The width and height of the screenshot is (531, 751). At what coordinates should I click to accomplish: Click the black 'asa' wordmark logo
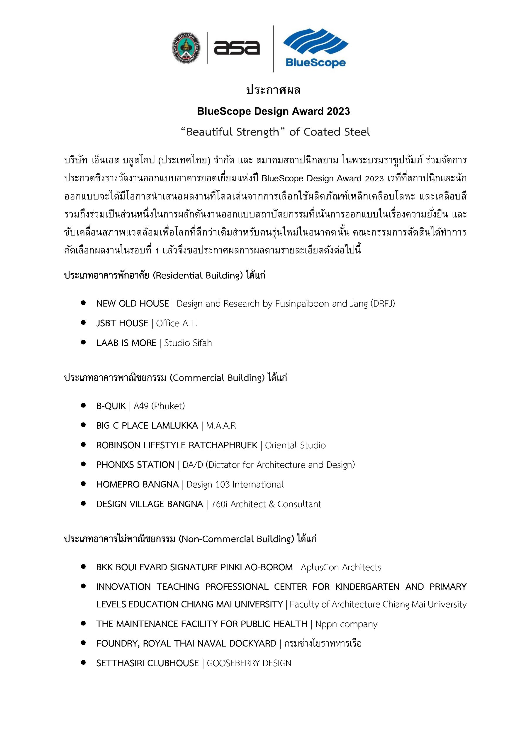pos(236,48)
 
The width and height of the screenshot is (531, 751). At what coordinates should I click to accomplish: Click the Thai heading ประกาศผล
pos(273,90)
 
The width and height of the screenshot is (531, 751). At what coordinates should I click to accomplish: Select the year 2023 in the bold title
pos(338,111)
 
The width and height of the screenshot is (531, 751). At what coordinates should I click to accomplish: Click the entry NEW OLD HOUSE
pos(133,304)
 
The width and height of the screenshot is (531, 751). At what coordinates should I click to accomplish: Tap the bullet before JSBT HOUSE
pos(83,323)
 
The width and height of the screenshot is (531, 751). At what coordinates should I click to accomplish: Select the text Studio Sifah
pos(188,343)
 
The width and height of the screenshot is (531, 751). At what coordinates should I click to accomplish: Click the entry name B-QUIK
pos(111,406)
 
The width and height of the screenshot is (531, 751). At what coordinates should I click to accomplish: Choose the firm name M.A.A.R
pos(221,426)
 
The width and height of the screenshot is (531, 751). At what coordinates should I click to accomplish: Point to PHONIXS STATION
pos(135,465)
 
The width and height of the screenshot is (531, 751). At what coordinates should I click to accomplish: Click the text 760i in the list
pos(219,504)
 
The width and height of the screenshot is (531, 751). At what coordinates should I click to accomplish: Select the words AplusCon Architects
pos(341,567)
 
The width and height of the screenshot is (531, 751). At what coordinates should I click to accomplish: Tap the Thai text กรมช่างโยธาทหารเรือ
pos(323,643)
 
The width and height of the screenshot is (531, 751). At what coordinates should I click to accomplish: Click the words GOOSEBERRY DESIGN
pos(249,663)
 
